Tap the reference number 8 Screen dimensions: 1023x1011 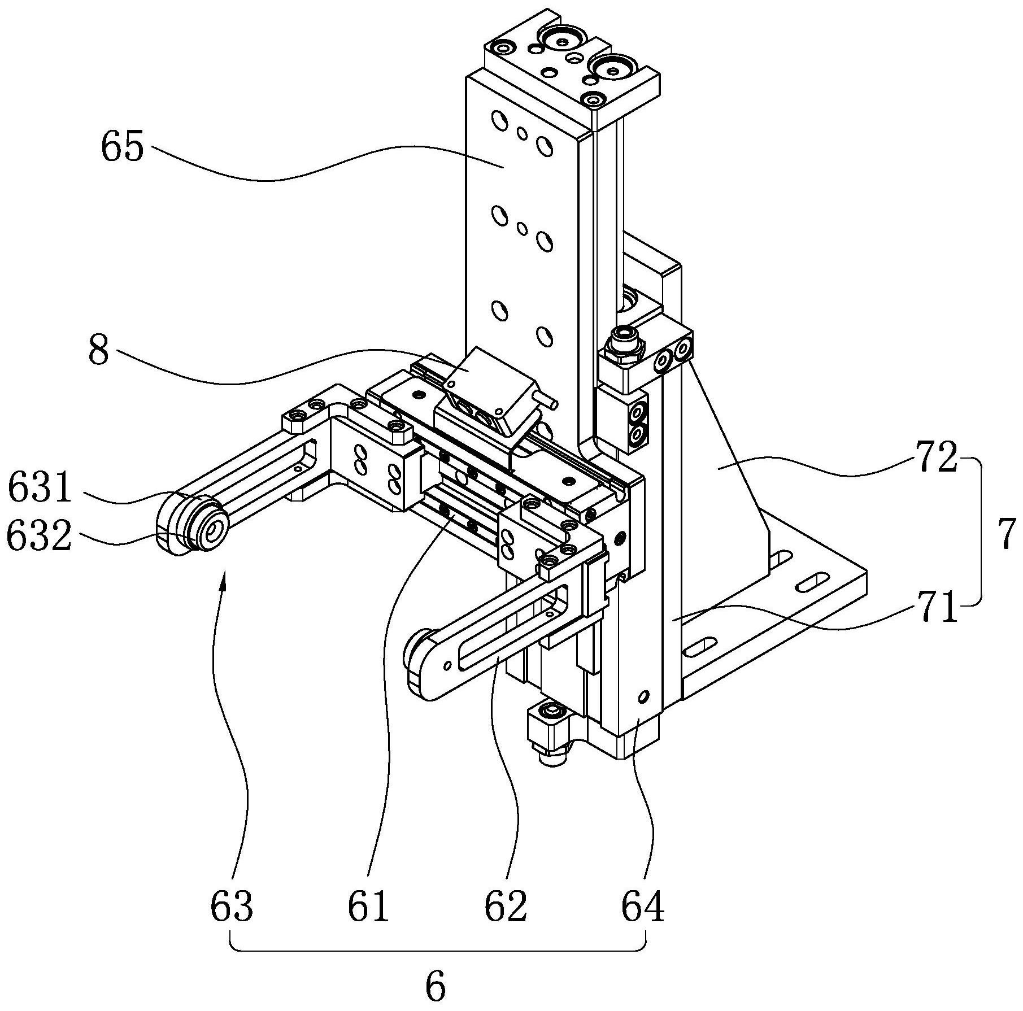pos(99,351)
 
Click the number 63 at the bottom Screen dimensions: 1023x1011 pos(231,907)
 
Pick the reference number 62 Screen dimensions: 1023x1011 pos(506,907)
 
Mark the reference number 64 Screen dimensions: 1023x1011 pos(643,907)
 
